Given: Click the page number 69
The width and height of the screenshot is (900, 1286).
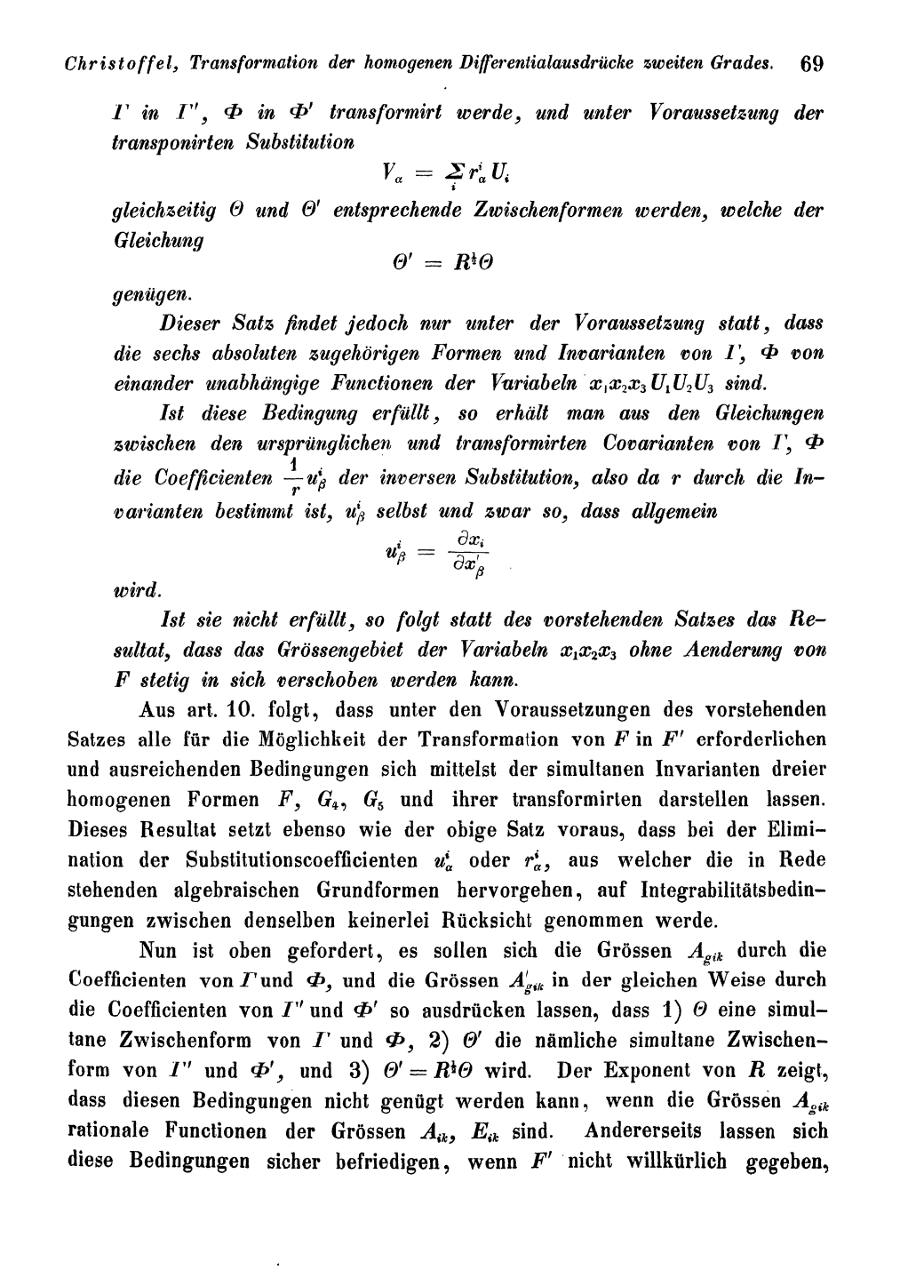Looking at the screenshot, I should click(x=812, y=64).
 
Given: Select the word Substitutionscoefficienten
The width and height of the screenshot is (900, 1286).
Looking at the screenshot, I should click(x=302, y=860).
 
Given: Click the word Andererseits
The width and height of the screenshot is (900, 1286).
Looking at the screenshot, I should click(x=646, y=1133).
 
